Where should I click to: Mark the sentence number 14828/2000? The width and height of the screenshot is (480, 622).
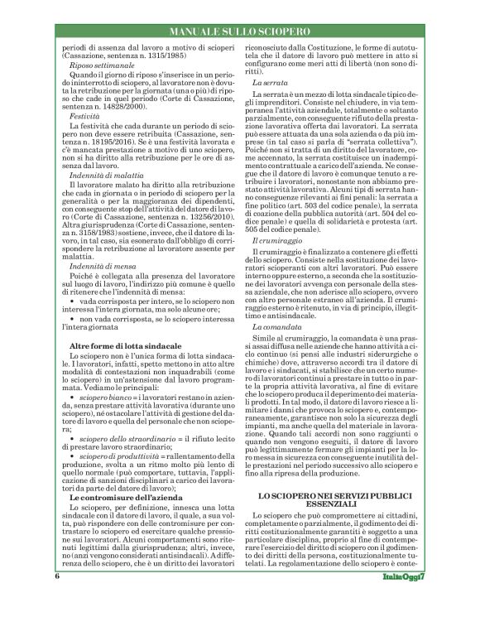[89, 108]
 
